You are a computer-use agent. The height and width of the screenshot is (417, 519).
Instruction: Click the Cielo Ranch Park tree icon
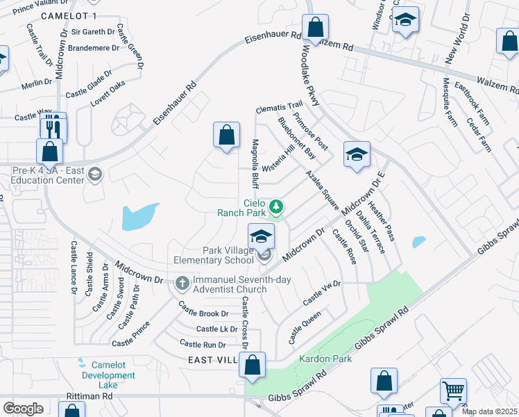(x=276, y=206)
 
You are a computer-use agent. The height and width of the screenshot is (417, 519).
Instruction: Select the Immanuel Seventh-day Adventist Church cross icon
(x=182, y=282)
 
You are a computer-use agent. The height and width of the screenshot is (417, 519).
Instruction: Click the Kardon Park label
(x=325, y=359)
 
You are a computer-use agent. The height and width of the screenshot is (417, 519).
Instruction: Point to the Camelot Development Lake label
(x=108, y=375)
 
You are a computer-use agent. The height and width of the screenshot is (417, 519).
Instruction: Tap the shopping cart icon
(x=453, y=390)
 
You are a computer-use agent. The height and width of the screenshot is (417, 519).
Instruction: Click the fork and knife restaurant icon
(x=53, y=128)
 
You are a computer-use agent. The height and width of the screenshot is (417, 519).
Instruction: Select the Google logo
(x=23, y=409)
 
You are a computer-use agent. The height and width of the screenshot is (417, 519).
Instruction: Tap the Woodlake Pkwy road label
(x=311, y=80)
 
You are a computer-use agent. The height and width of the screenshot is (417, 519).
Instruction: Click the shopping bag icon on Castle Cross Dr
(x=253, y=366)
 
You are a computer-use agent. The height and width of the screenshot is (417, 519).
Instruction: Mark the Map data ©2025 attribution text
(x=489, y=411)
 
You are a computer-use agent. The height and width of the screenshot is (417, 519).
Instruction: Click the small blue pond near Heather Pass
(x=418, y=242)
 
